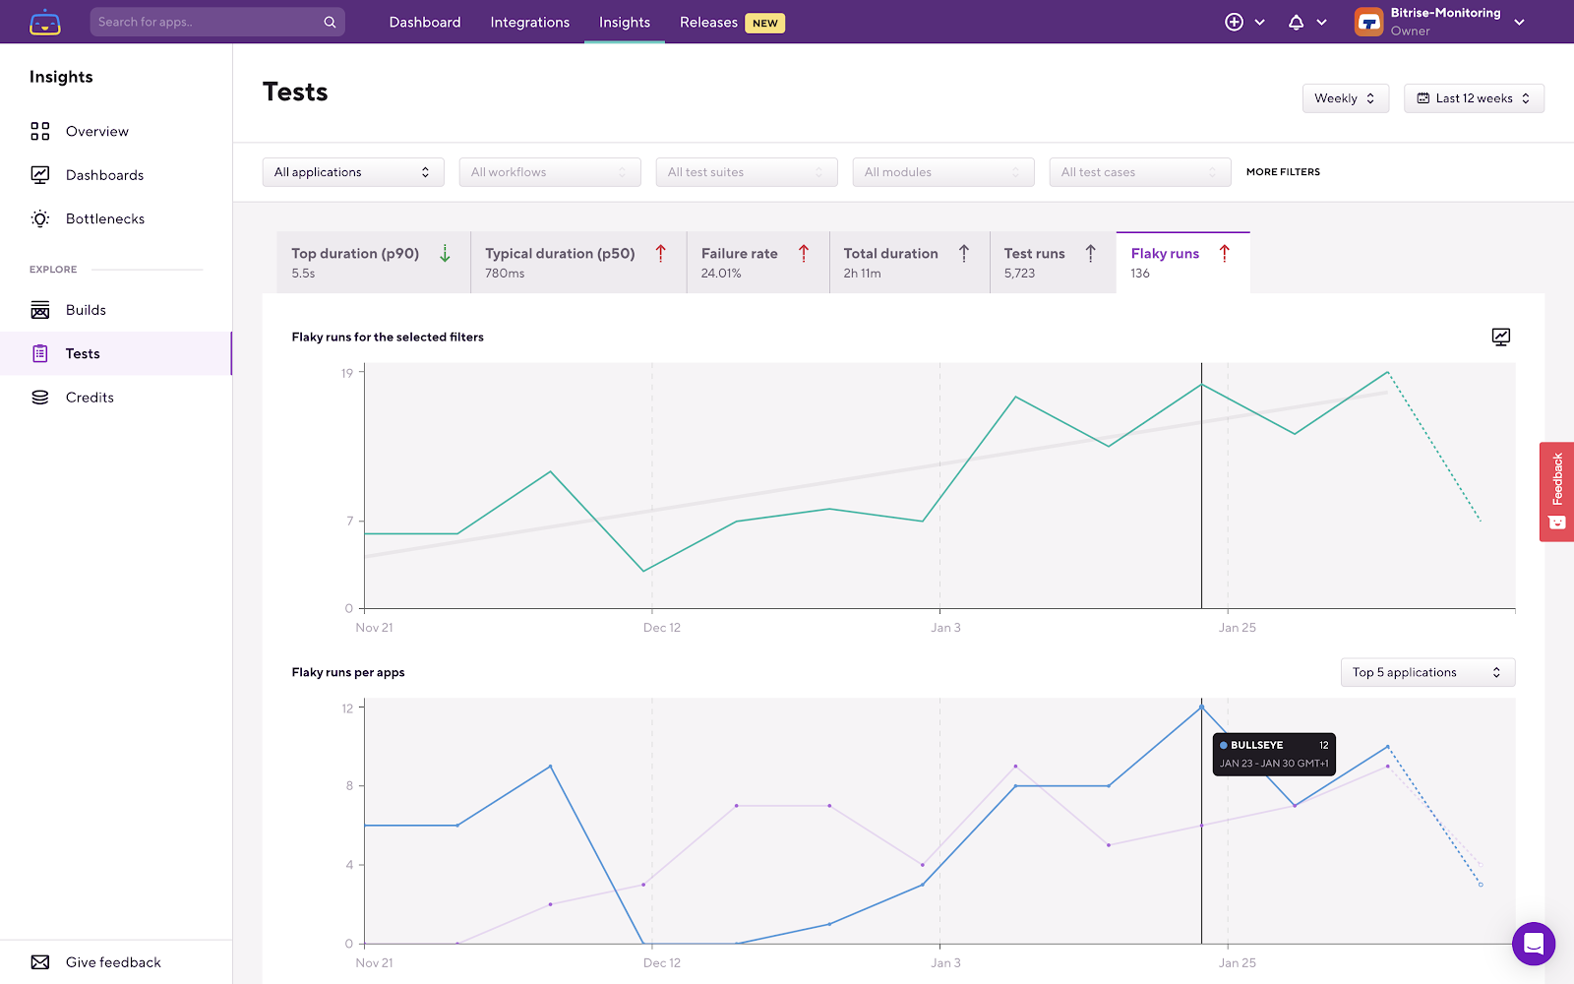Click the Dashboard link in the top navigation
coord(424,22)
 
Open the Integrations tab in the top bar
coord(529,22)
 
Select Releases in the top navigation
coord(708,22)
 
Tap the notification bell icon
coord(1296,22)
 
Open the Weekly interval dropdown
coord(1345,98)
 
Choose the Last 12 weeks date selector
coord(1473,98)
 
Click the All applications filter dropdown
coord(352,172)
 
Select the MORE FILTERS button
coord(1283,172)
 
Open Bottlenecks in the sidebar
coord(104,218)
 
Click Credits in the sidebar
coord(90,398)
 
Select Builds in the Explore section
coord(86,310)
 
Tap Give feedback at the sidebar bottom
coord(113,962)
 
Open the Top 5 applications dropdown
coord(1426,672)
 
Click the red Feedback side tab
coord(1556,491)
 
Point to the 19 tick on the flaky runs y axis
coord(347,373)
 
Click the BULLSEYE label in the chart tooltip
coord(1256,745)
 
